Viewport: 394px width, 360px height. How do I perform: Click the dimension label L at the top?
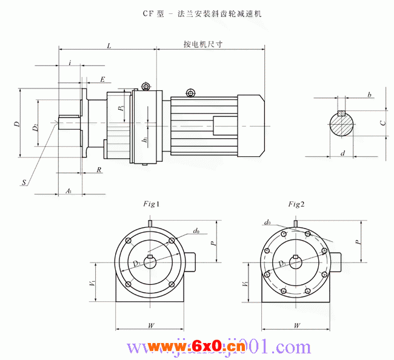tap(108, 45)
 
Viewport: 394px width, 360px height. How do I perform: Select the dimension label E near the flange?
tap(102, 79)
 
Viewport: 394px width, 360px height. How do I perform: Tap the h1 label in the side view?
tap(145, 141)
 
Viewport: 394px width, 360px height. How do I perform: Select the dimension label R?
tap(99, 170)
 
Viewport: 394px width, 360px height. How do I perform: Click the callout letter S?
tap(24, 182)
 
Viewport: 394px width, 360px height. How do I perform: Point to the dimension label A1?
tap(68, 191)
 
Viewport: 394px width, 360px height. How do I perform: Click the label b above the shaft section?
tap(369, 95)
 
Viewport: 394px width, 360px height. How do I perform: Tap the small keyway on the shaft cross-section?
tap(342, 113)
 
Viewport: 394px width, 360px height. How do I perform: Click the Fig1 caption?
tap(151, 204)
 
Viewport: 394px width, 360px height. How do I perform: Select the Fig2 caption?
tap(296, 204)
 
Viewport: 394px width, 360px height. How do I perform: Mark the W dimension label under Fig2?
tap(297, 325)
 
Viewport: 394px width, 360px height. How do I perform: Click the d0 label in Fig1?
tap(196, 231)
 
